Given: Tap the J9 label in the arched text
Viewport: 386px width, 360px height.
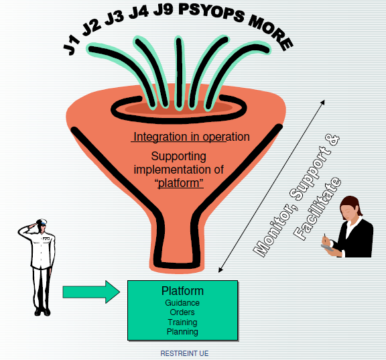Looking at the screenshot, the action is click(163, 9).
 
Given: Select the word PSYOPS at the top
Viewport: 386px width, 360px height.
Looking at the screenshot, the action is click(212, 12).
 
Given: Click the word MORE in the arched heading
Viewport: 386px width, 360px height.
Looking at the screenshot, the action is click(271, 32).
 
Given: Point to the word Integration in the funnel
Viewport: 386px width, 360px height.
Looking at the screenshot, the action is click(160, 137).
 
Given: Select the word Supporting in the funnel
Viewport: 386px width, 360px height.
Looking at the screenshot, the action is click(178, 157).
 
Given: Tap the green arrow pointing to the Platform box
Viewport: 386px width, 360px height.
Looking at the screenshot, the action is click(91, 292).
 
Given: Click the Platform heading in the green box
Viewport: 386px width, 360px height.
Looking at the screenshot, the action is click(182, 291).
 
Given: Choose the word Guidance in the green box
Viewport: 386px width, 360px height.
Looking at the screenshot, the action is click(182, 303).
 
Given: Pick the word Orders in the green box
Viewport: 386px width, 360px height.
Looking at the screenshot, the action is click(182, 312).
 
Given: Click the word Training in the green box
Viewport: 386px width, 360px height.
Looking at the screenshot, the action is click(182, 322).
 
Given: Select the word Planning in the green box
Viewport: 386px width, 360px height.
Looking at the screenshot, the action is click(182, 332).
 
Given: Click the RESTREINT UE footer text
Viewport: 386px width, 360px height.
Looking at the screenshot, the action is click(184, 353).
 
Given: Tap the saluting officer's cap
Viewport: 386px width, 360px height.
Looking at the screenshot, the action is click(42, 222).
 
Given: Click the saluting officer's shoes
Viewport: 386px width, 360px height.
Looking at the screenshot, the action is click(42, 312).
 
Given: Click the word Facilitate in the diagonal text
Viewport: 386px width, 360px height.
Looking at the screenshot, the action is click(318, 208).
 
